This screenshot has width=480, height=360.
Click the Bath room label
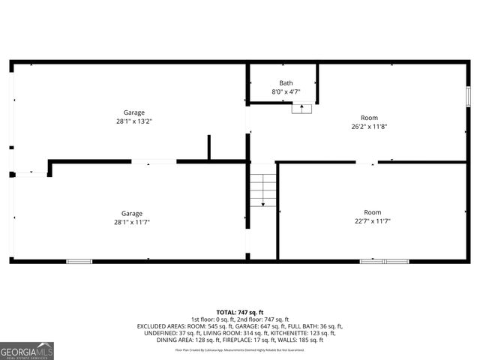point(286,83)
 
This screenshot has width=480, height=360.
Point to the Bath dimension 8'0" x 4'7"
point(286,91)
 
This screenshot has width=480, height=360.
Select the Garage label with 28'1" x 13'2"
point(134,112)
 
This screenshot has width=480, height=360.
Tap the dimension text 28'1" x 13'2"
point(134,121)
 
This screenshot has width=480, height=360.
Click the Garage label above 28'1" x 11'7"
point(132,213)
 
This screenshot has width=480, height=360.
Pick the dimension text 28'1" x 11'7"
point(132,221)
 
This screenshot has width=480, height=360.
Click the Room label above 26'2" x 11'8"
point(369,118)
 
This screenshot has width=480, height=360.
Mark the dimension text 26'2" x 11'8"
point(369,126)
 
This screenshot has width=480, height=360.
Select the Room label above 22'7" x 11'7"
point(372,212)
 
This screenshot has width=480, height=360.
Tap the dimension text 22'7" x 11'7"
point(372,220)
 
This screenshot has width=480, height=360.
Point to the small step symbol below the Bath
point(301,109)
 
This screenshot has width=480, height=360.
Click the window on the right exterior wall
point(468,98)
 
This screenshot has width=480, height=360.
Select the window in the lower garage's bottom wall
point(79,261)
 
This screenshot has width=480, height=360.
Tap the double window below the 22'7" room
point(384,261)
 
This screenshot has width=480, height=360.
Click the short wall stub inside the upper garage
point(208,147)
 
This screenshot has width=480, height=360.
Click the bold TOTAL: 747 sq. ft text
point(239,312)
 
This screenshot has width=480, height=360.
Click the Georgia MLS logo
point(27,351)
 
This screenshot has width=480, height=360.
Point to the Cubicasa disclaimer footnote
point(239,349)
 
